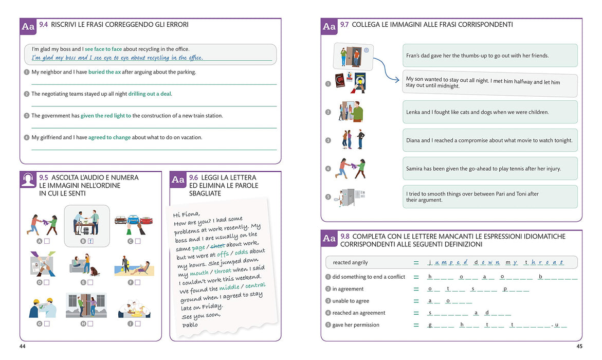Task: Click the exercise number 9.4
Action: pos(43,25)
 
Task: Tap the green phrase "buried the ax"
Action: pos(104,72)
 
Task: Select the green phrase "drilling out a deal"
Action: pos(150,94)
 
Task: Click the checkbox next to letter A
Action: pos(47,241)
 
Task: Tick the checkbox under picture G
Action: pos(47,324)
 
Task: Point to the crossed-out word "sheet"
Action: pos(217,246)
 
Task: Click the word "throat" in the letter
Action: pos(223,271)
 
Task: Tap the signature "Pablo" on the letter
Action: pos(190,325)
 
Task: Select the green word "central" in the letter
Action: pos(256,285)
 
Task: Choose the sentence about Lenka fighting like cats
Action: pos(478,112)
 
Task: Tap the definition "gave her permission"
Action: pos(356,325)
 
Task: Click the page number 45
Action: pos(579,346)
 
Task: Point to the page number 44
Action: pos(23,346)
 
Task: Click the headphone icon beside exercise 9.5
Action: pos(28,179)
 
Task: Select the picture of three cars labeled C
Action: pos(134,224)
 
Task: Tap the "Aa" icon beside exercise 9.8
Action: pos(329,238)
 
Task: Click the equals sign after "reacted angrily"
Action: pos(416,263)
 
